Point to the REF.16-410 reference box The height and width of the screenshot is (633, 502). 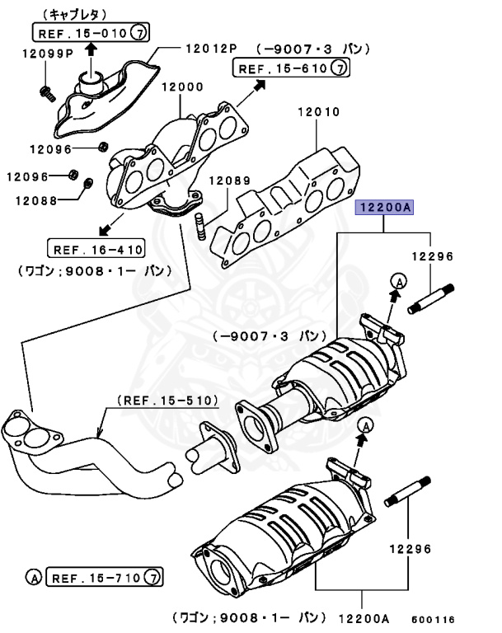click(x=96, y=249)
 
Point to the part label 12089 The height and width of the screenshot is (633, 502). click(x=224, y=181)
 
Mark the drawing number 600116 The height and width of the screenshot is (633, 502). click(x=433, y=619)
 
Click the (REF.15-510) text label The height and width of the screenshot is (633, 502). click(x=167, y=401)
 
